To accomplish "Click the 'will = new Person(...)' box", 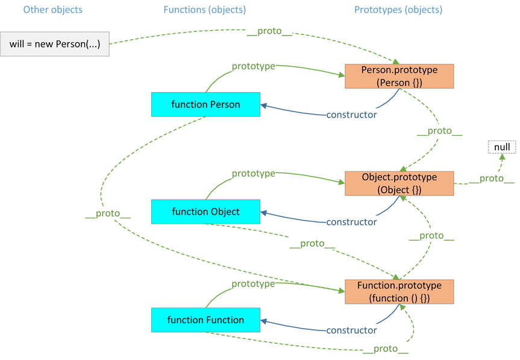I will [x=55, y=44].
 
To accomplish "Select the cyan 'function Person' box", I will [x=205, y=104].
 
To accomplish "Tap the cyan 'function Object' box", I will [x=205, y=212].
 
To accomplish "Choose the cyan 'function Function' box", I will [x=205, y=320].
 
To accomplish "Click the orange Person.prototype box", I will [x=399, y=77].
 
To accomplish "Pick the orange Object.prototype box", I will [x=399, y=183].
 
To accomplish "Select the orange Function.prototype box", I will [x=399, y=291].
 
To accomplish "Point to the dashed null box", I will [x=502, y=147].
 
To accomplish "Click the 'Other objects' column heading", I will [x=53, y=10].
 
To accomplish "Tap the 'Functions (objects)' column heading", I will [x=204, y=10].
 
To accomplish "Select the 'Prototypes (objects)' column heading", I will [x=398, y=10].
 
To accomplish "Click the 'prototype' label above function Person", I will [x=253, y=66].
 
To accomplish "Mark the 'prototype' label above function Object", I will [x=253, y=174].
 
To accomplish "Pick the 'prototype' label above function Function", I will [x=253, y=283].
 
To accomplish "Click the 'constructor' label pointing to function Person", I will [x=351, y=115].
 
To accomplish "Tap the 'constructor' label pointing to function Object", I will [x=351, y=222].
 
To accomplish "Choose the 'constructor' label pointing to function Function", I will [x=351, y=330].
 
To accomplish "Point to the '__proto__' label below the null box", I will [x=492, y=178].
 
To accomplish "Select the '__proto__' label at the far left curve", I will [x=108, y=213].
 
